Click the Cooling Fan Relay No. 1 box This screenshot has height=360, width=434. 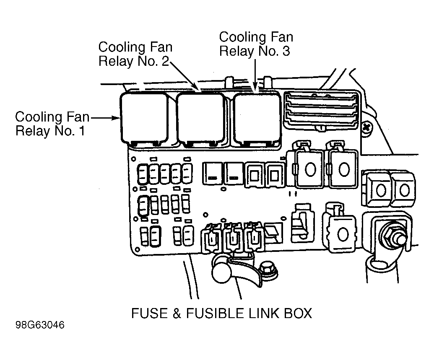145,118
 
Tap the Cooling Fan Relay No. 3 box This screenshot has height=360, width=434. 257,119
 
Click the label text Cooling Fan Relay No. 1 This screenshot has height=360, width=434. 52,124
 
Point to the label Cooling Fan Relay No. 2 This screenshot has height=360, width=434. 135,54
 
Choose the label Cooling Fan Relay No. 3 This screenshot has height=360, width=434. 256,44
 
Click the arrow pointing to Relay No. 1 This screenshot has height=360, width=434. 105,118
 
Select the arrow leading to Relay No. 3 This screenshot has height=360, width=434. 255,75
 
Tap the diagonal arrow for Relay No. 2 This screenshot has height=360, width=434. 185,77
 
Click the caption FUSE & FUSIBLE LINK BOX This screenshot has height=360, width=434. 221,313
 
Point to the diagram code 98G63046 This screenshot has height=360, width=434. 40,325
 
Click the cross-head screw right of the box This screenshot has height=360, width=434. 366,127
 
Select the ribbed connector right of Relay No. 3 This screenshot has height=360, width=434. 321,110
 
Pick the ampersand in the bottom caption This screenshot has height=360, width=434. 177,313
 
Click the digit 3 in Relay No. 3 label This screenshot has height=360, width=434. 286,51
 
